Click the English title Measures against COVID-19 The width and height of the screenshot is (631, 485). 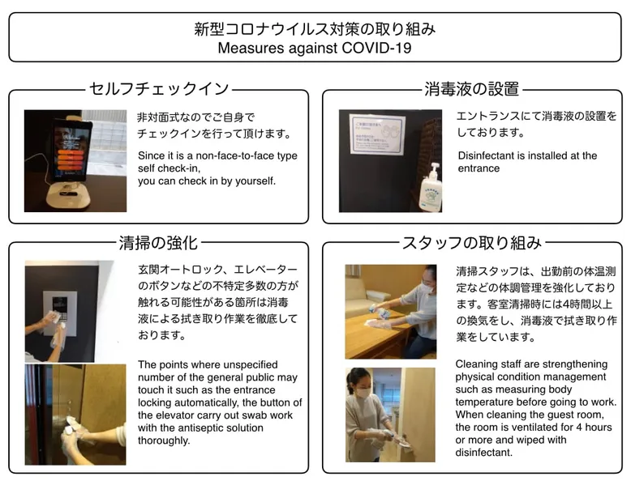[315, 48]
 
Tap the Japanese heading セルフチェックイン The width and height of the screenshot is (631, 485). [158, 89]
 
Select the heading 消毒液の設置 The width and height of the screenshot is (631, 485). [472, 89]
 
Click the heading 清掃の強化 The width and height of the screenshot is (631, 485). [158, 243]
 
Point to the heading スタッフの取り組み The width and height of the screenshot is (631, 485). [472, 243]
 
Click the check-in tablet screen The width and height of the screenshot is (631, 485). [71, 151]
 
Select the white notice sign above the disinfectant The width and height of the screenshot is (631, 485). [377, 134]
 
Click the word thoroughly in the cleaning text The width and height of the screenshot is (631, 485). [164, 440]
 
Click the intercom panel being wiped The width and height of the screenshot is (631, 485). [59, 313]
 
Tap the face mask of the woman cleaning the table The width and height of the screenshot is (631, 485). [426, 287]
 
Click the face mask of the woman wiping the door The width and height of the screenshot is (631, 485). [363, 392]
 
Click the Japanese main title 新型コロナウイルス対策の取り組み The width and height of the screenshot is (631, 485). [315, 29]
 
